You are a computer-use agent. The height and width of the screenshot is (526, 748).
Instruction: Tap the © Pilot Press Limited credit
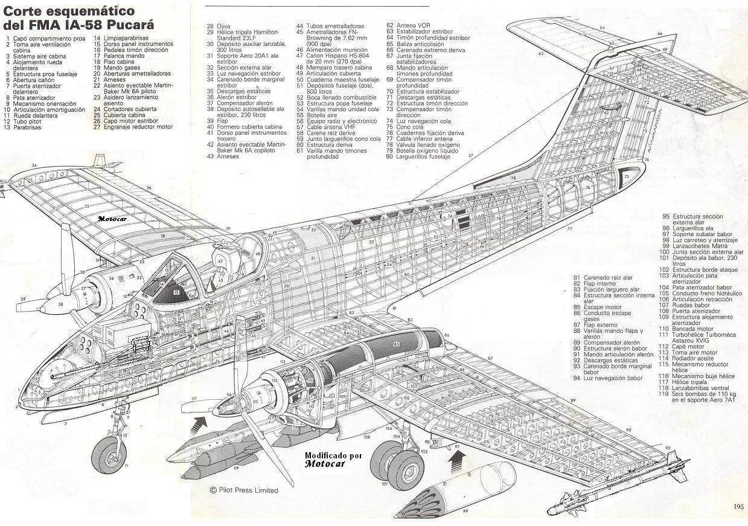244,490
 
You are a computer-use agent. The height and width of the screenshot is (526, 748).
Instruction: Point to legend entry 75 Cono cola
413,127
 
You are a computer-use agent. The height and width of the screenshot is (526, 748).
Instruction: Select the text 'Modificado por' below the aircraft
333,455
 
